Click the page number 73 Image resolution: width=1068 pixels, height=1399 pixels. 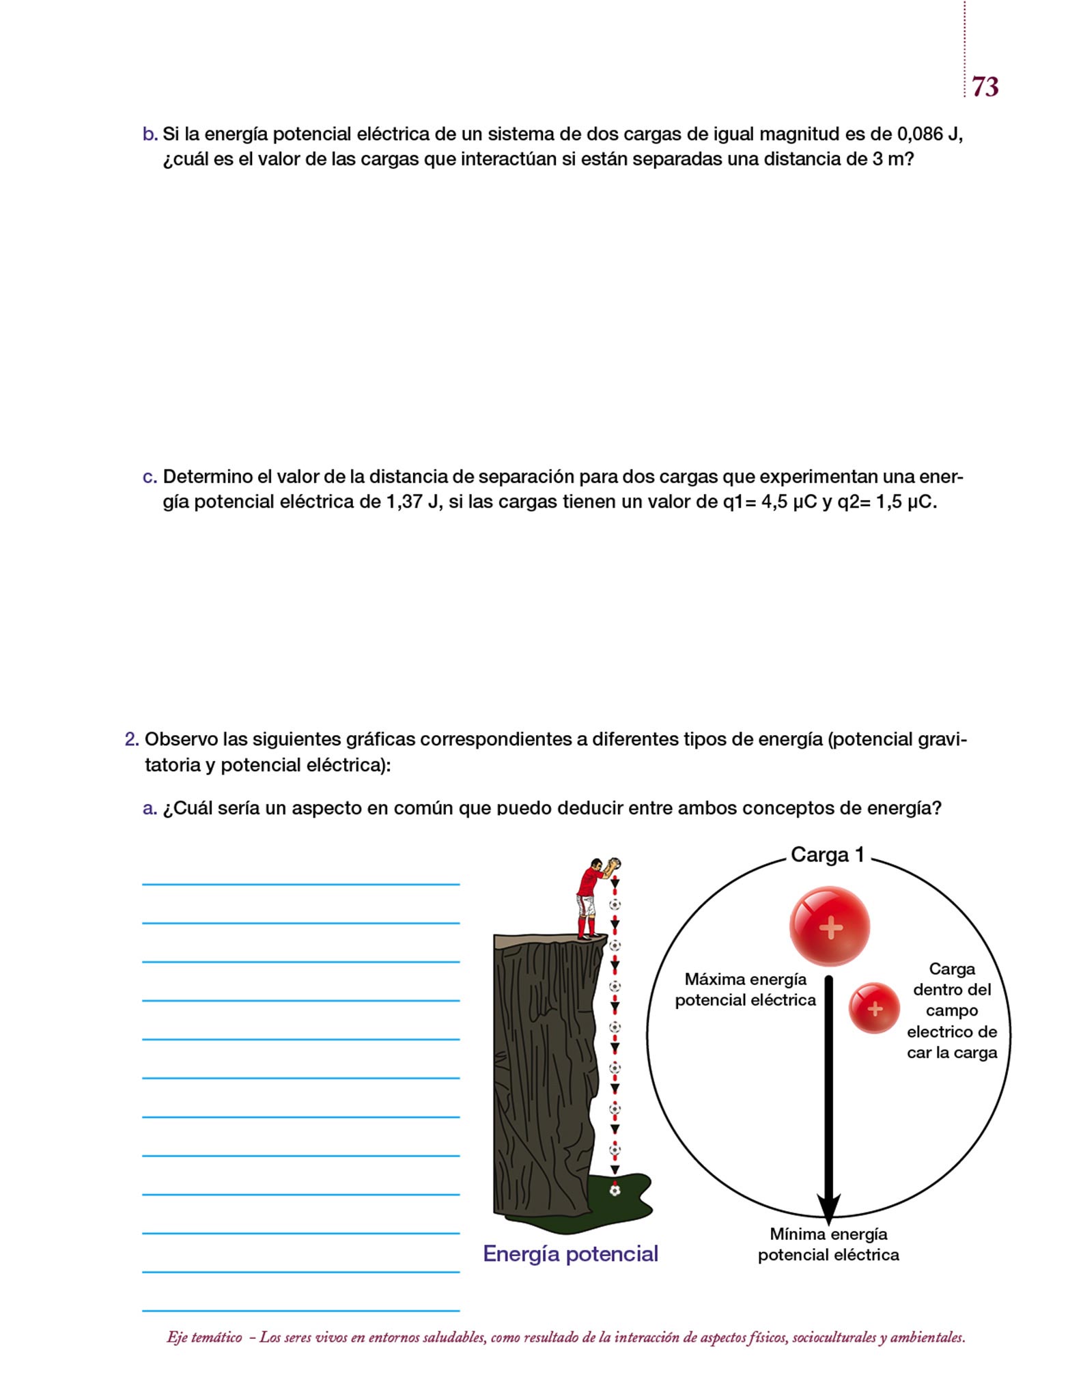pyautogui.click(x=985, y=87)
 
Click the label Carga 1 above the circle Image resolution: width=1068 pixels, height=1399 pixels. pyautogui.click(x=827, y=855)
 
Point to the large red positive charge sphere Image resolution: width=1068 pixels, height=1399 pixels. pyautogui.click(x=830, y=926)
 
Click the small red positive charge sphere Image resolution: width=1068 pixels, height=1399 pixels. pyautogui.click(x=874, y=1008)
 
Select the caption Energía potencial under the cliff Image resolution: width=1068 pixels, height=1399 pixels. pyautogui.click(x=570, y=1253)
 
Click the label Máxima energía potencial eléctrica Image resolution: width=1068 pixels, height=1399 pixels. pyautogui.click(x=745, y=990)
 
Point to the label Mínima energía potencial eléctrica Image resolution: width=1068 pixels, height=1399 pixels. pyautogui.click(x=828, y=1244)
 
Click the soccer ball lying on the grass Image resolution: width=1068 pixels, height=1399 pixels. pyautogui.click(x=615, y=1191)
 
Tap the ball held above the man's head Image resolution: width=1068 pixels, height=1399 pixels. pyautogui.click(x=615, y=863)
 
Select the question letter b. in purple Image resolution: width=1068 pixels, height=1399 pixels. pyautogui.click(x=150, y=135)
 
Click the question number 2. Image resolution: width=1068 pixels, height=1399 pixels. pyautogui.click(x=132, y=739)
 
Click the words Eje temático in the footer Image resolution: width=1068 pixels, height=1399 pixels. pyautogui.click(x=204, y=1338)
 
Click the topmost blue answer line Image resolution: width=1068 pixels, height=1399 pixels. pyautogui.click(x=300, y=884)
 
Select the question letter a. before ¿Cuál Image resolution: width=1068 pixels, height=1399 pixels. pyautogui.click(x=150, y=809)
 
